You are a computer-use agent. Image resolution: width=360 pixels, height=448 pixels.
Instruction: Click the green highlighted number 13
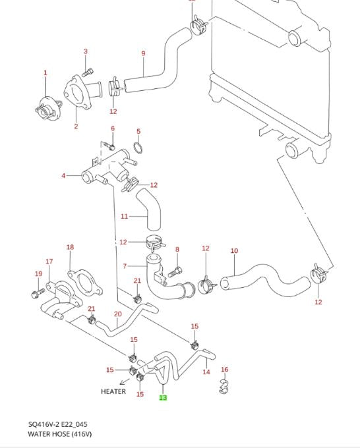pyautogui.click(x=163, y=397)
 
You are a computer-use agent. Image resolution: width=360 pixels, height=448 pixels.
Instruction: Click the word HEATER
pyautogui.click(x=113, y=391)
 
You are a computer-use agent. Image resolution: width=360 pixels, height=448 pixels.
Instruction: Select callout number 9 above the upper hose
pyautogui.click(x=143, y=53)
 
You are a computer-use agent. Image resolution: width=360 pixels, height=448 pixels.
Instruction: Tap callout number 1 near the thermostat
pyautogui.click(x=45, y=72)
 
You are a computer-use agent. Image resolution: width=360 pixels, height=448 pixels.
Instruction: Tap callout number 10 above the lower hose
pyautogui.click(x=234, y=251)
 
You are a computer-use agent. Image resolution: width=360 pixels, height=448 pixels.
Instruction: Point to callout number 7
pyautogui.click(x=125, y=266)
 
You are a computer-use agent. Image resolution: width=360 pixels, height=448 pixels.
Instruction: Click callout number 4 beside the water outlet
pyautogui.click(x=63, y=176)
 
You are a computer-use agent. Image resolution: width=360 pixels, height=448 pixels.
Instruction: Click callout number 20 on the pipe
pyautogui.click(x=118, y=314)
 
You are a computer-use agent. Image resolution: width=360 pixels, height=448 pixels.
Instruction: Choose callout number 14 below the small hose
pyautogui.click(x=206, y=372)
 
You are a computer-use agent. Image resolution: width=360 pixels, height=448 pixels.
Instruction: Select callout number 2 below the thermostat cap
pyautogui.click(x=76, y=126)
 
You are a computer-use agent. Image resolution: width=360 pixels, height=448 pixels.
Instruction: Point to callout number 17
pyautogui.click(x=49, y=262)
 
